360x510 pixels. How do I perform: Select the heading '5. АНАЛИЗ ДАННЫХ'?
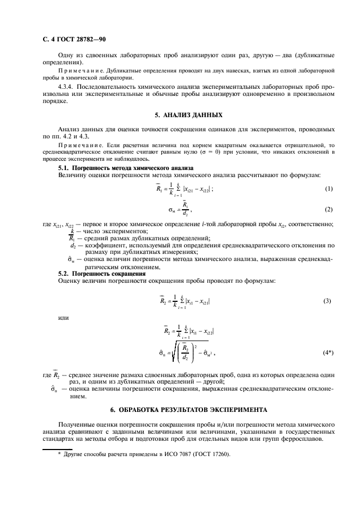point(188,116)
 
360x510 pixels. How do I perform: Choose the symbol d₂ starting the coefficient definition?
point(72,246)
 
